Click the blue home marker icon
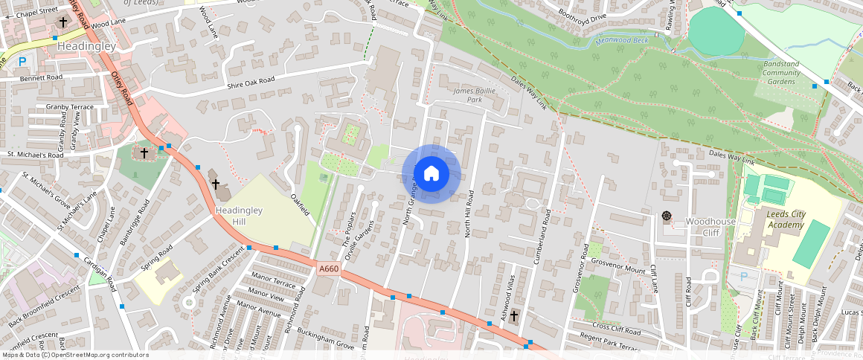click(431, 174)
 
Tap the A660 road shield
click(329, 269)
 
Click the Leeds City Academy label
click(785, 219)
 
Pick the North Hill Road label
click(469, 213)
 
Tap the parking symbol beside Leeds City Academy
click(745, 277)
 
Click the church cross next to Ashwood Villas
click(515, 316)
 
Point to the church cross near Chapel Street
click(62, 22)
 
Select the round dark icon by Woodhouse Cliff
click(666, 216)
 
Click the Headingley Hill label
click(239, 216)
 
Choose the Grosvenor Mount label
click(618, 270)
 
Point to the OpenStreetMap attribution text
click(74, 355)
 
